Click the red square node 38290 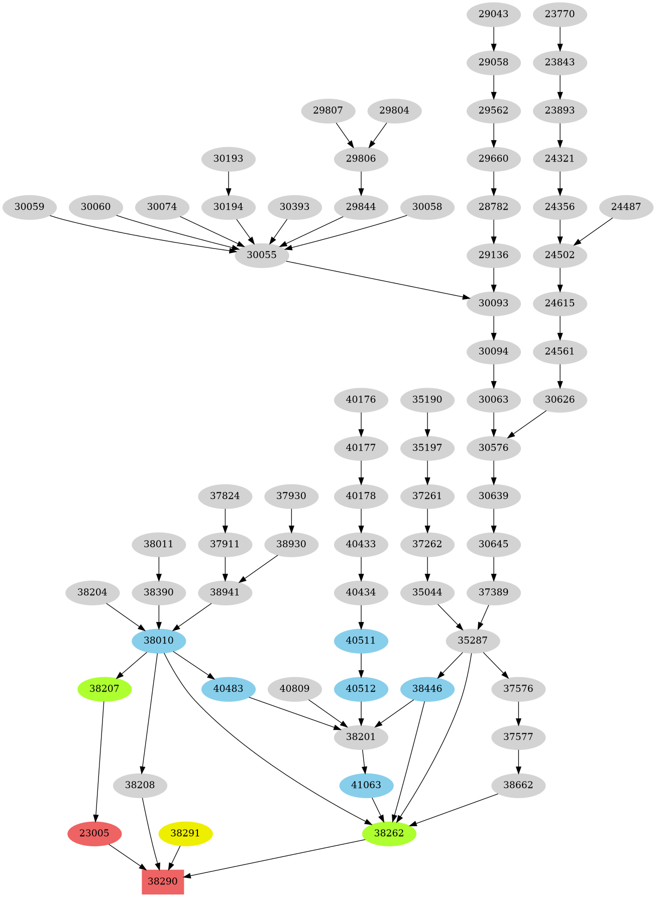click(x=163, y=881)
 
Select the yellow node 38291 click(x=186, y=834)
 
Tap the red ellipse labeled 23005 click(x=94, y=834)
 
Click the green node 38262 click(x=389, y=834)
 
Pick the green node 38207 click(x=104, y=689)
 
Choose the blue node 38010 click(x=159, y=640)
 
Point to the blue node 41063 click(x=366, y=785)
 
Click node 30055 click(x=262, y=255)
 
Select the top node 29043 click(x=493, y=14)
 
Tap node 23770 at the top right click(x=560, y=14)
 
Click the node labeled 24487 click(x=626, y=207)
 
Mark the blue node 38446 click(x=427, y=689)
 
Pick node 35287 click(x=473, y=640)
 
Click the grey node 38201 click(x=361, y=737)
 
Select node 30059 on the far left click(x=29, y=207)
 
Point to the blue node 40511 click(x=361, y=640)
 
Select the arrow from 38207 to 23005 click(x=99, y=760)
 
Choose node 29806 click(x=361, y=159)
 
